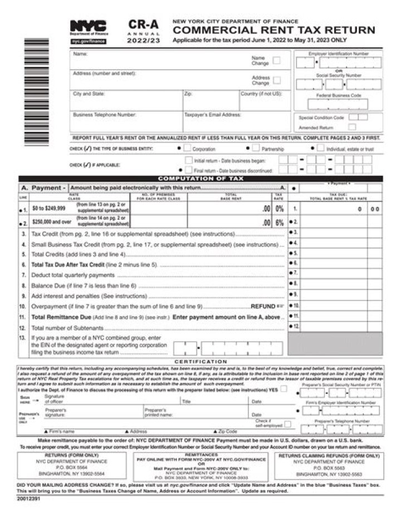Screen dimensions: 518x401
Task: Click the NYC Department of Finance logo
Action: click(x=88, y=27)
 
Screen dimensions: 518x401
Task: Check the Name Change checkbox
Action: click(x=277, y=61)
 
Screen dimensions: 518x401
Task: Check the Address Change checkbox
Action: click(x=277, y=80)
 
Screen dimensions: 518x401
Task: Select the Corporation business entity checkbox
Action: click(x=188, y=149)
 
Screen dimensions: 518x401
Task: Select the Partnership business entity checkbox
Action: click(x=256, y=149)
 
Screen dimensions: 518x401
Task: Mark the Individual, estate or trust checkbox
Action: click(x=321, y=149)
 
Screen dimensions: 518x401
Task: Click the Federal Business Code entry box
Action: click(x=334, y=104)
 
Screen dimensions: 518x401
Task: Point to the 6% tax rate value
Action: click(x=280, y=222)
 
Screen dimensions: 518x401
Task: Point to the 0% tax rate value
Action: click(x=280, y=209)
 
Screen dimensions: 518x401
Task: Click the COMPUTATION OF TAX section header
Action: click(x=200, y=179)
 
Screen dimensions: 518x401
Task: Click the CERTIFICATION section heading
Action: click(x=200, y=362)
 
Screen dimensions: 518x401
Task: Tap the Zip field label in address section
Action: click(x=188, y=94)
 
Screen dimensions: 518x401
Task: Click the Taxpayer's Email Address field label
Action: click(x=212, y=115)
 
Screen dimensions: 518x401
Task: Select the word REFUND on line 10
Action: click(x=263, y=306)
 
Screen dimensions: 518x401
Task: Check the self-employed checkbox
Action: click(x=287, y=424)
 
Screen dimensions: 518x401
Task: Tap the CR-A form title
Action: click(x=143, y=24)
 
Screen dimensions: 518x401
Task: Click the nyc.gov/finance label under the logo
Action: click(x=88, y=41)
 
